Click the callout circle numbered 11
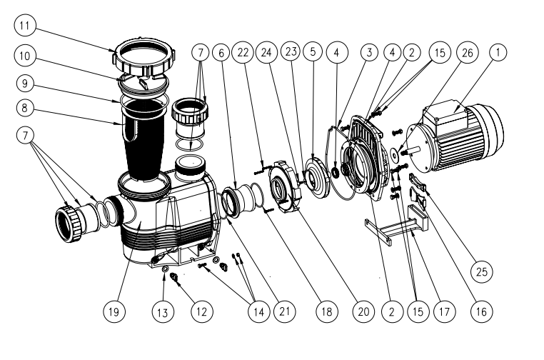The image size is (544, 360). tap(25, 25)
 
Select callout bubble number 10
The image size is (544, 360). tap(25, 56)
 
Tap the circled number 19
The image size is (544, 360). tap(114, 311)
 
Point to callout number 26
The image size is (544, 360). tap(468, 52)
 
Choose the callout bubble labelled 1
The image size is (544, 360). tap(498, 52)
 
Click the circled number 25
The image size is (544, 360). tap(482, 271)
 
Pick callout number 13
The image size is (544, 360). tap(163, 312)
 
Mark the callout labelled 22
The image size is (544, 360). tap(243, 52)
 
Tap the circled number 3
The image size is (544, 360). tap(369, 52)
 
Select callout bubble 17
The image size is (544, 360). tap(445, 311)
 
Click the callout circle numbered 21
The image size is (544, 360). tap(284, 311)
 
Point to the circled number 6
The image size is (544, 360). tap(221, 52)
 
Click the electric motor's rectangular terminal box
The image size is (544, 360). tap(445, 111)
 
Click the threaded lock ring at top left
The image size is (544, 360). tap(144, 58)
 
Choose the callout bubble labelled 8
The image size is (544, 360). tap(25, 108)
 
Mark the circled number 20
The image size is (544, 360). tap(363, 311)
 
